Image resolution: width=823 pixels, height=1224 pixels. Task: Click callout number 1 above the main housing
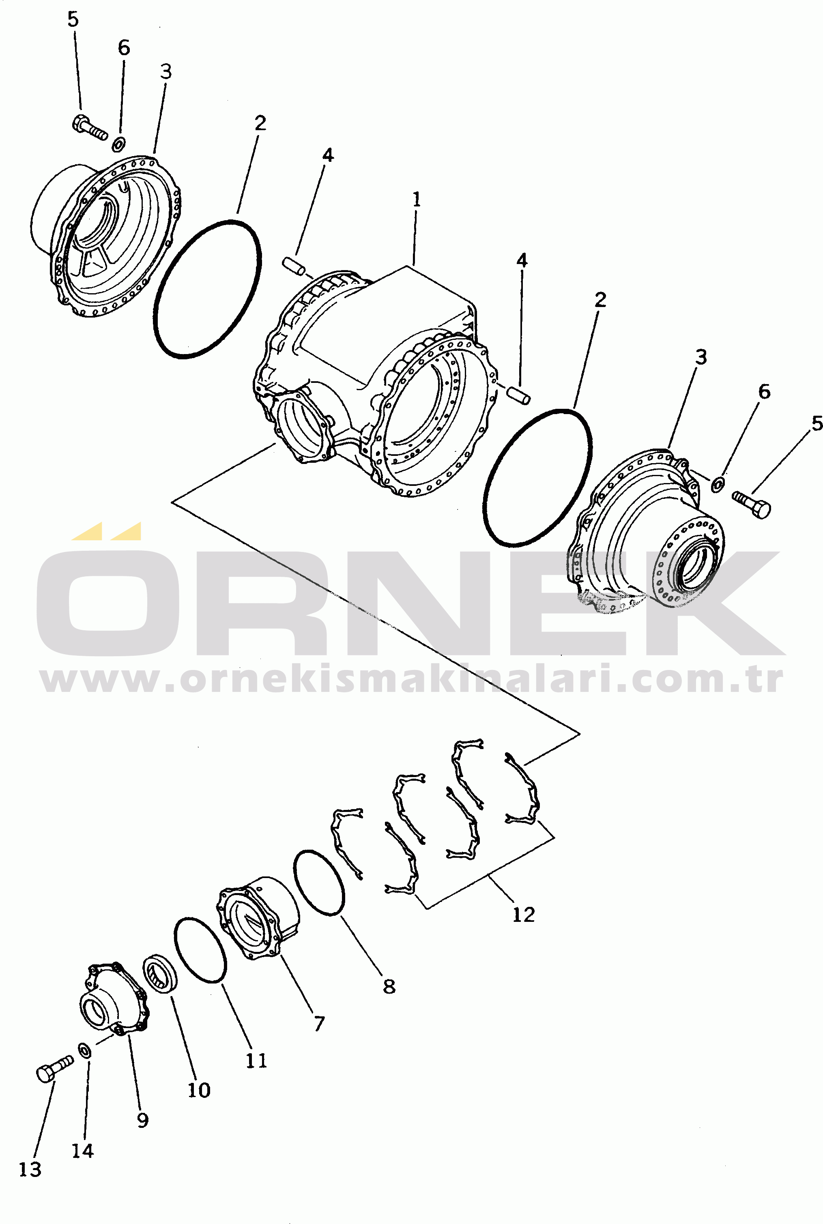click(x=416, y=200)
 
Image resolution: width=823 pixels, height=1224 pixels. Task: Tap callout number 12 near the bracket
click(x=523, y=915)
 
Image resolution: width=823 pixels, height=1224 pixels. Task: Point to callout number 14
click(x=82, y=1151)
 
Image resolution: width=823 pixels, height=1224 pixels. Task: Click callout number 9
click(x=142, y=1120)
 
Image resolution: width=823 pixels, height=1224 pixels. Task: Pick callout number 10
click(x=199, y=1090)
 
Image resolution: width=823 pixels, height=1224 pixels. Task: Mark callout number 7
click(x=319, y=1023)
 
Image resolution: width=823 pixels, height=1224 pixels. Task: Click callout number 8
click(x=389, y=986)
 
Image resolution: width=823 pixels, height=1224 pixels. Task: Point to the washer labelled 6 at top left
click(x=120, y=142)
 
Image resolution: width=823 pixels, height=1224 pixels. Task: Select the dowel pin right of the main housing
click(x=518, y=395)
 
